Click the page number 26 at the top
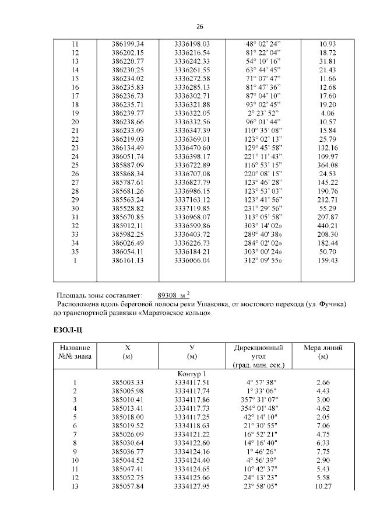click(199, 27)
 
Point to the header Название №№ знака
click(75, 352)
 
